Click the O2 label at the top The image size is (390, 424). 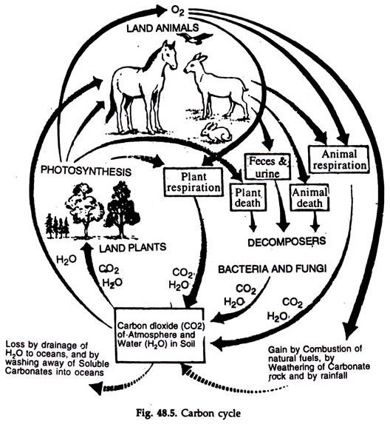(x=178, y=11)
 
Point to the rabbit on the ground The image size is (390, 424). (x=216, y=132)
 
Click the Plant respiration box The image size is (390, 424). (x=194, y=182)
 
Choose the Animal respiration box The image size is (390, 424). (x=339, y=160)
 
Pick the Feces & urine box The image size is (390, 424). (x=267, y=166)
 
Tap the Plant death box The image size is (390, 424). (x=247, y=198)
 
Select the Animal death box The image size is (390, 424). (x=309, y=198)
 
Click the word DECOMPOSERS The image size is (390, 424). (x=287, y=241)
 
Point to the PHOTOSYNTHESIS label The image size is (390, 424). (x=86, y=171)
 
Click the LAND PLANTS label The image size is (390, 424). (x=132, y=247)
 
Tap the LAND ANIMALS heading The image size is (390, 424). (x=162, y=28)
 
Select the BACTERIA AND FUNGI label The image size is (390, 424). (x=273, y=269)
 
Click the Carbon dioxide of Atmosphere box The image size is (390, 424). (x=160, y=335)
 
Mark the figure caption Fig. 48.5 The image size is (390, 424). (x=188, y=413)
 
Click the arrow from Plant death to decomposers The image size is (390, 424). (x=253, y=221)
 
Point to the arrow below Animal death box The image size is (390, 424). (x=315, y=221)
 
